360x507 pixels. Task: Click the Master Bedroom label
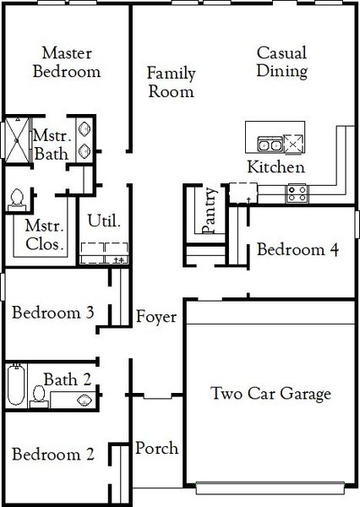pos(66,62)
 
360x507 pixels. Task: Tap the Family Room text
pos(171,82)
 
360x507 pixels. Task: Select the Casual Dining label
pos(281,62)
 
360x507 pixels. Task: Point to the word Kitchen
pos(275,167)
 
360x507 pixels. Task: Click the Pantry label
pos(209,211)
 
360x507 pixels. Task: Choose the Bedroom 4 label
pos(298,249)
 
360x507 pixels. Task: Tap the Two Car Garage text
pos(270,393)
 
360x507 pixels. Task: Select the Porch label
pos(156,448)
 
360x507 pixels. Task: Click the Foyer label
pos(156,318)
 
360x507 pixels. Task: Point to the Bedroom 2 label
pos(52,455)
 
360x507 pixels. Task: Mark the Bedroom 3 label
pos(52,312)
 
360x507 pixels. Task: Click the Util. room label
pos(104,221)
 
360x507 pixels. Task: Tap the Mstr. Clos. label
pos(45,235)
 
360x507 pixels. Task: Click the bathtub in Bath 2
pos(14,386)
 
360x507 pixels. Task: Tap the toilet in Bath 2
pos(38,394)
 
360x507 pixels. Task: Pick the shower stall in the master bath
pos(16,139)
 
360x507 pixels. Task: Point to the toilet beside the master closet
pos(15,199)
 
